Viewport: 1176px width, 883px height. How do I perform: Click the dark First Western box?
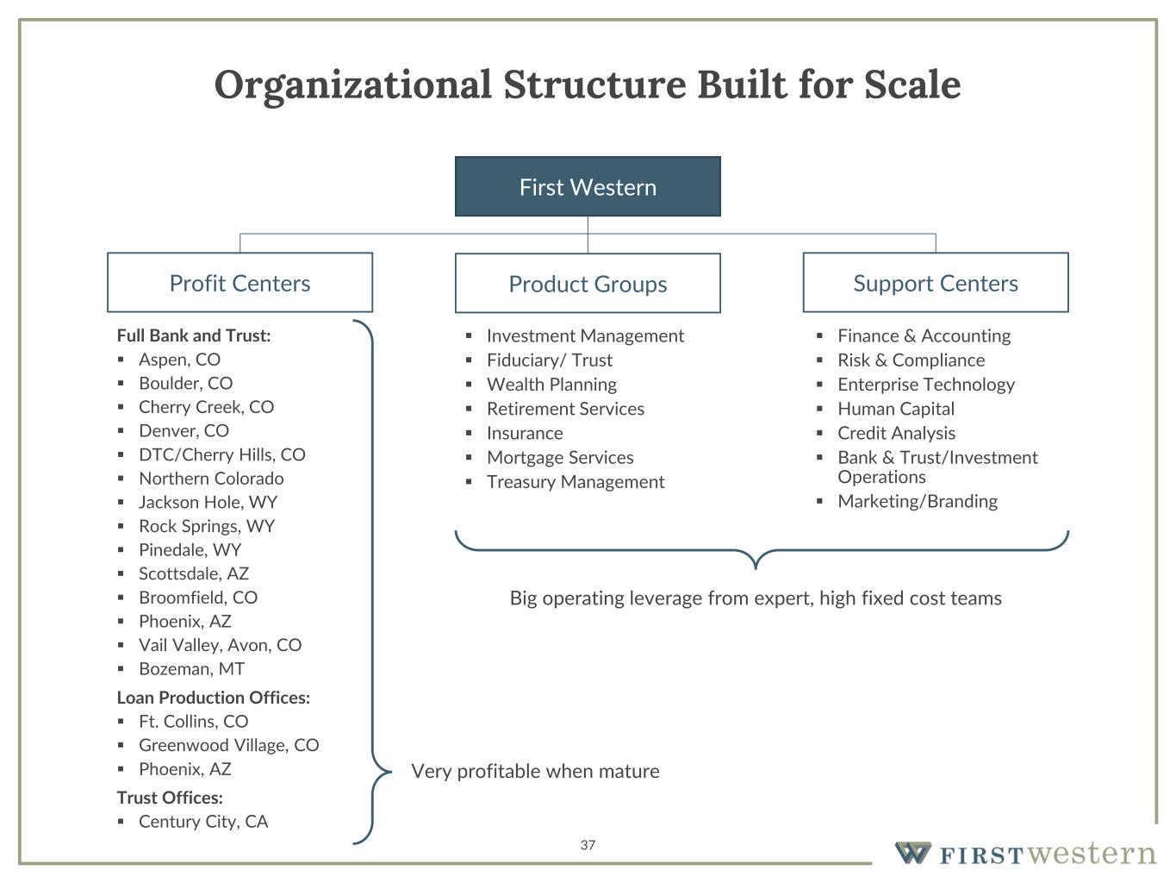pyautogui.click(x=588, y=186)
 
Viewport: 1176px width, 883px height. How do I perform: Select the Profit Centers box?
pyautogui.click(x=240, y=283)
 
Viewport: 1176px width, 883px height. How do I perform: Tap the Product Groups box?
pyautogui.click(x=588, y=284)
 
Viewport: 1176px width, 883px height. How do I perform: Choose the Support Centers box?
pyautogui.click(x=935, y=283)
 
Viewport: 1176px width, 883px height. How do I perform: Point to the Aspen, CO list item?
pyautogui.click(x=179, y=360)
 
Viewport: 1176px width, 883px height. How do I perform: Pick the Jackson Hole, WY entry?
pyautogui.click(x=208, y=502)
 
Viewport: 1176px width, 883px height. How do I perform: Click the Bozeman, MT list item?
pyautogui.click(x=191, y=669)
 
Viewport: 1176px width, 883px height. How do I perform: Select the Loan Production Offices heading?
pyautogui.click(x=213, y=698)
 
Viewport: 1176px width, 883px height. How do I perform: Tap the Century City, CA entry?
pyautogui.click(x=203, y=822)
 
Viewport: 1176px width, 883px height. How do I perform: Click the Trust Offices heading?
pyautogui.click(x=170, y=798)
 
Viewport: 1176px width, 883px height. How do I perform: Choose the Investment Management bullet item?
pyautogui.click(x=585, y=336)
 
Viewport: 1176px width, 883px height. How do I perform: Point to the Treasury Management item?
pyautogui.click(x=576, y=482)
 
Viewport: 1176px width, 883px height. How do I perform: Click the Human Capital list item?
pyautogui.click(x=896, y=409)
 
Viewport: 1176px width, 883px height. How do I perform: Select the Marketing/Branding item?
pyautogui.click(x=918, y=501)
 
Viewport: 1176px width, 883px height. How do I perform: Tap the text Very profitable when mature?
pyautogui.click(x=535, y=771)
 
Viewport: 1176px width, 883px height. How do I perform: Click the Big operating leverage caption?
pyautogui.click(x=756, y=598)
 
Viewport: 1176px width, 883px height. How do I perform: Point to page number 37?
pyautogui.click(x=588, y=845)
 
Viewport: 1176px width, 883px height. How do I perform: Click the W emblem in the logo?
pyautogui.click(x=912, y=853)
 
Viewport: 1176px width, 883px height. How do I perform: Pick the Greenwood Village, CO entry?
pyautogui.click(x=228, y=745)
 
